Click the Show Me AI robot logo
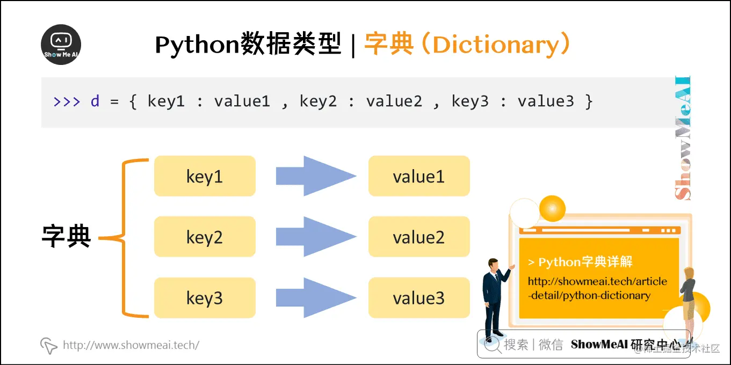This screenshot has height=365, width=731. point(61,45)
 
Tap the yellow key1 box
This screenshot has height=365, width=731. point(205,176)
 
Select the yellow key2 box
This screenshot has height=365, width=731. point(205,237)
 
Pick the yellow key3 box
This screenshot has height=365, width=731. point(205,298)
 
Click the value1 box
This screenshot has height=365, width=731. point(419,176)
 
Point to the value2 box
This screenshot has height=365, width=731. point(419,237)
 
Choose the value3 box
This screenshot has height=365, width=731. point(419,298)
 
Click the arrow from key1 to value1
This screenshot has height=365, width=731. point(315,176)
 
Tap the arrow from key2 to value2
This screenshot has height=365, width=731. point(315,237)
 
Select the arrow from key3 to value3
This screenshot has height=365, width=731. point(315,298)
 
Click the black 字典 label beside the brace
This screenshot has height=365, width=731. point(67,236)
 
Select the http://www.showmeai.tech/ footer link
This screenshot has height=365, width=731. point(131,345)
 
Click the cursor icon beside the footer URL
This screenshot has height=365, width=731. point(49,346)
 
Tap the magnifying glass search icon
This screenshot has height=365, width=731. point(491,345)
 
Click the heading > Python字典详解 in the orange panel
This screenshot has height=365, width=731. point(580,262)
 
